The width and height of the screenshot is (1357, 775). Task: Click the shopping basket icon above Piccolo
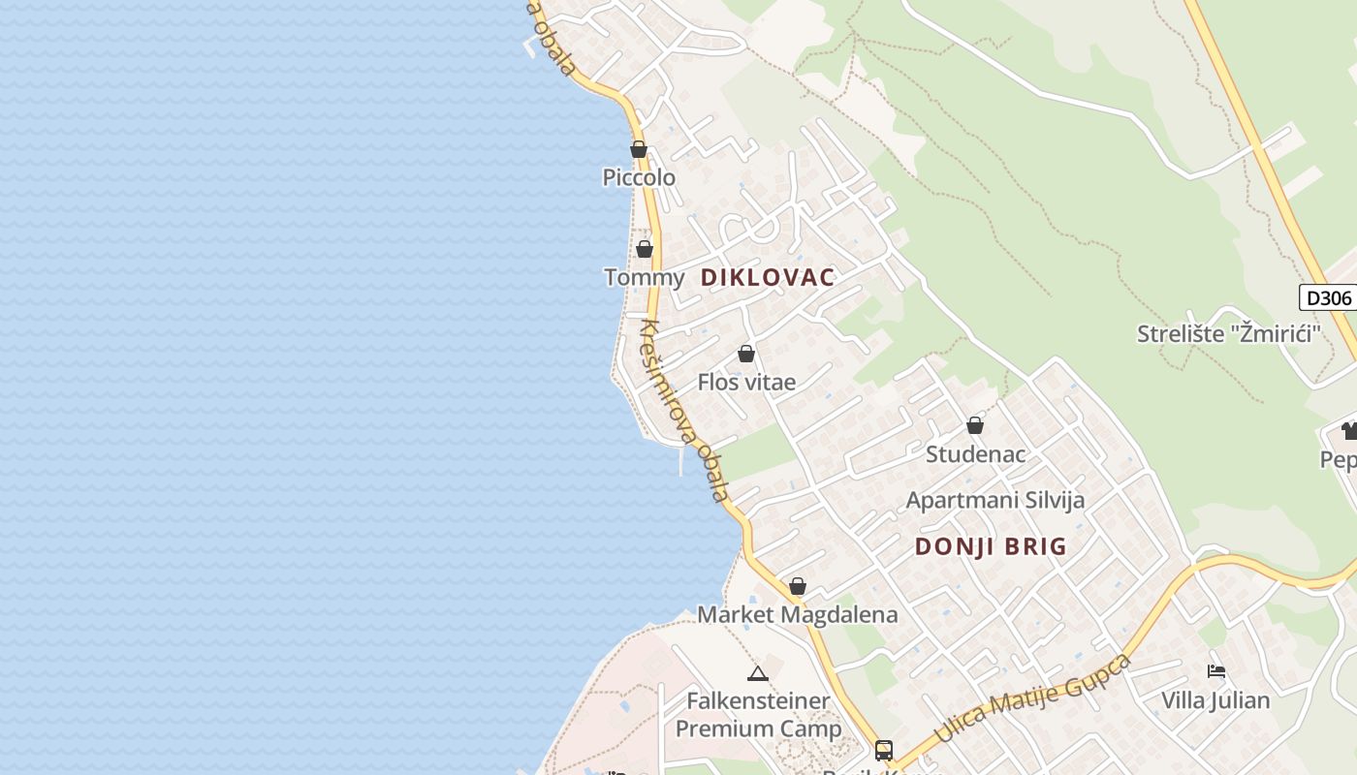coord(639,149)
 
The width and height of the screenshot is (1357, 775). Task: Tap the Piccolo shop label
coord(639,178)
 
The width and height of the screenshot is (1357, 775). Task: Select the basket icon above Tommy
coord(645,249)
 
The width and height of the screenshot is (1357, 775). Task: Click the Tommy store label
coord(645,278)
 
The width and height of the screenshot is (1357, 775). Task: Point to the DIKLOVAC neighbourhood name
coord(768,278)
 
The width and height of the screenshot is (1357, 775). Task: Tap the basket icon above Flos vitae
coord(746,354)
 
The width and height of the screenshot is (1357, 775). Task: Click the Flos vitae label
coord(746,383)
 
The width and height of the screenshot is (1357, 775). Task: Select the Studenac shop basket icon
coord(975,425)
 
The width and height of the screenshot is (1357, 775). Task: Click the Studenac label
coord(975,454)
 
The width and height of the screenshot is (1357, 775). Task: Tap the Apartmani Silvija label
coord(994,501)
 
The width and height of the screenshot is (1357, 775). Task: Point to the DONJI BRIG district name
coord(991,546)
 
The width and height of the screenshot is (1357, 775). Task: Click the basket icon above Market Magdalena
coord(798,586)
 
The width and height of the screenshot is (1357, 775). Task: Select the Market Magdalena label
coord(798,615)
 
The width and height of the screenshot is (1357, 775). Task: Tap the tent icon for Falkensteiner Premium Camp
coord(758,673)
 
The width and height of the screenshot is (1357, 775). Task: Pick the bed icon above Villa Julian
coord(1216,670)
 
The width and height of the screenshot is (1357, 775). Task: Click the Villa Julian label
coord(1216,700)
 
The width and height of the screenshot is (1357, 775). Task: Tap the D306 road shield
coord(1328,297)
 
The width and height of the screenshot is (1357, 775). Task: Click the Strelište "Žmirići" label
coord(1230,334)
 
